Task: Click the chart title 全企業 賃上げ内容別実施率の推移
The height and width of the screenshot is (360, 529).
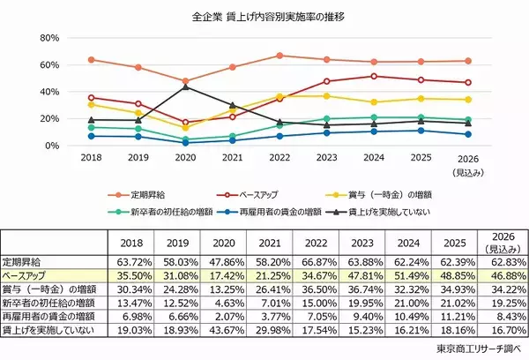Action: pyautogui.click(x=264, y=17)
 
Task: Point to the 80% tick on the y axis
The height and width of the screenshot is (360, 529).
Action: pyautogui.click(x=48, y=38)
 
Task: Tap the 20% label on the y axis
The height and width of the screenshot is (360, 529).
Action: pyautogui.click(x=48, y=118)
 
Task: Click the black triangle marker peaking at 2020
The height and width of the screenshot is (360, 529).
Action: pyautogui.click(x=184, y=86)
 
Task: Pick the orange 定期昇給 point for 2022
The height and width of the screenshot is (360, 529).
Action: pyautogui.click(x=279, y=56)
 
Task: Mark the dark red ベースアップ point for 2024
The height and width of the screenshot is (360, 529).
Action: pyautogui.click(x=374, y=76)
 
